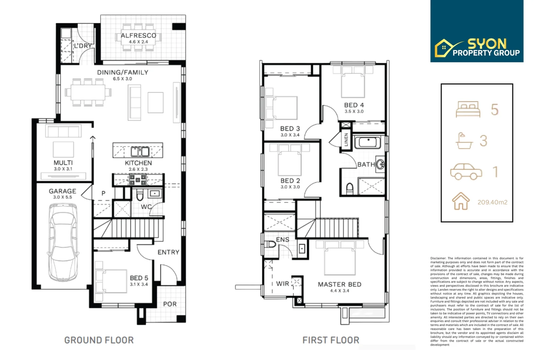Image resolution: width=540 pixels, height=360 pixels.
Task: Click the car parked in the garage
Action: [63, 242]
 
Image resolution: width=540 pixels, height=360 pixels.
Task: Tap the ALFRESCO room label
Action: [138, 35]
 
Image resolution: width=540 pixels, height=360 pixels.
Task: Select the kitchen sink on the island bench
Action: [140, 152]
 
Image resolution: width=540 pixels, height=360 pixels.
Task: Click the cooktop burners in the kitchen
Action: [138, 180]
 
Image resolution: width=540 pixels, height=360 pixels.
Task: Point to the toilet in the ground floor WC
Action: [140, 195]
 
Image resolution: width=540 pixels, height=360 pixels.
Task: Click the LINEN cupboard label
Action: [346, 139]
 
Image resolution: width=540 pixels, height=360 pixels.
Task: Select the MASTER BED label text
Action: [339, 284]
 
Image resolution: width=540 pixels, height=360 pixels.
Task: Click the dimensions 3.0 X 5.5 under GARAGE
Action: [62, 197]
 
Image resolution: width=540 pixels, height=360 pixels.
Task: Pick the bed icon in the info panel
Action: [468, 109]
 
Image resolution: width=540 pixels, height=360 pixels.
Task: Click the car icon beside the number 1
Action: [466, 171]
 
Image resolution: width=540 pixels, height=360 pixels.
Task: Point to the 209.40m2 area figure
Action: [492, 202]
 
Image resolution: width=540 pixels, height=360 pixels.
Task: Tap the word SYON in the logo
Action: [487, 44]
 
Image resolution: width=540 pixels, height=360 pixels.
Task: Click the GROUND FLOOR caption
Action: [99, 340]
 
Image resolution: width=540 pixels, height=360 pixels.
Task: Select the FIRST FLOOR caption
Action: [331, 340]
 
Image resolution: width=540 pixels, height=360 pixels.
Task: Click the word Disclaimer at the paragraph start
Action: [438, 258]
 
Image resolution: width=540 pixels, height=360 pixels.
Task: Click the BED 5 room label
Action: [139, 278]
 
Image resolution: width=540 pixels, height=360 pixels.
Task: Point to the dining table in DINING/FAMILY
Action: [88, 92]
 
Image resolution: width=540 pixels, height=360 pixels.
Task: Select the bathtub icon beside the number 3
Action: [464, 141]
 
